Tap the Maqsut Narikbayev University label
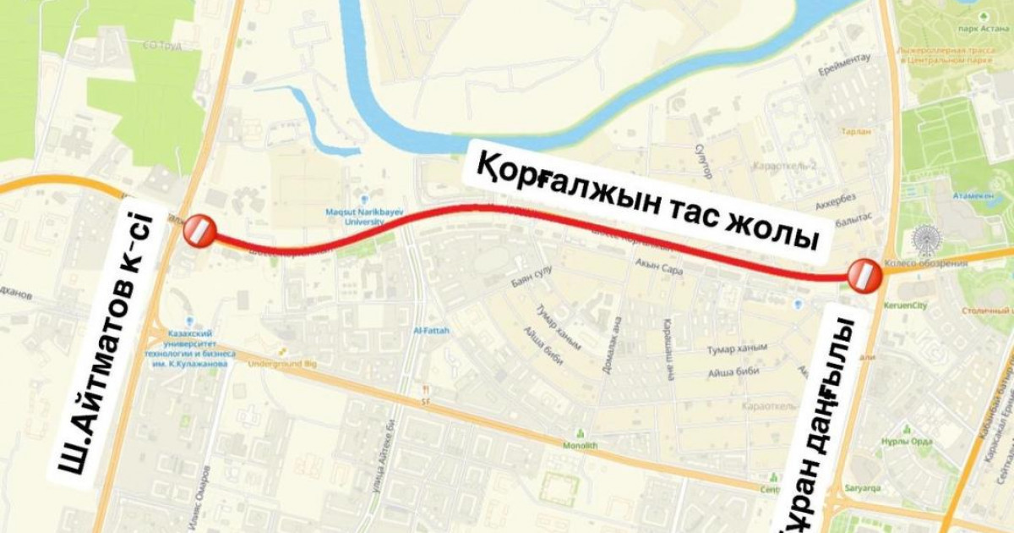[362, 217]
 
